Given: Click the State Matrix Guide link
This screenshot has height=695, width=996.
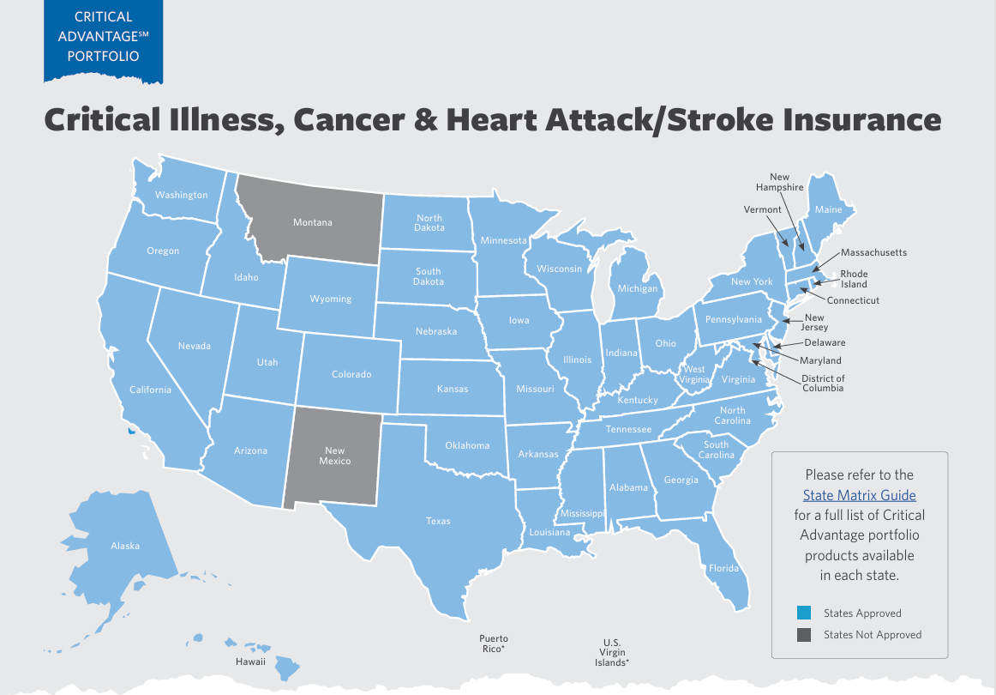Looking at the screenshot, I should tap(859, 495).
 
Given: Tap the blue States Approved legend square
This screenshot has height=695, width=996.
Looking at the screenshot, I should tap(803, 613).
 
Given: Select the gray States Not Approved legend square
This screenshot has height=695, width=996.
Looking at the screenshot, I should tap(803, 635).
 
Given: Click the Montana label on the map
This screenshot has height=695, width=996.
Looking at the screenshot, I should tap(312, 222).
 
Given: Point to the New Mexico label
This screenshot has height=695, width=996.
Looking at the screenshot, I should tap(334, 456).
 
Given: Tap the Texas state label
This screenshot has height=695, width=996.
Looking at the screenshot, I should tap(438, 521).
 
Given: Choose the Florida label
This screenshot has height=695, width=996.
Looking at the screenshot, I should tap(723, 568).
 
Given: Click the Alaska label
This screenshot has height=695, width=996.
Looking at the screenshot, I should tap(125, 546).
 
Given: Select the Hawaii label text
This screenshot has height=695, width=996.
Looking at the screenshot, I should tap(250, 662).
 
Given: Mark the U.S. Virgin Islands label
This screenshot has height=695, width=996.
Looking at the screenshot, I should tap(612, 653).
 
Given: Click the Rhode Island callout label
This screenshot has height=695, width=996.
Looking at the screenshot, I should tap(853, 279).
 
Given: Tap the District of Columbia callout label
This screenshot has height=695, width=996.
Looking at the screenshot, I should tap(823, 384).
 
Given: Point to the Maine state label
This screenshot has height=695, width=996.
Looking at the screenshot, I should tap(828, 209).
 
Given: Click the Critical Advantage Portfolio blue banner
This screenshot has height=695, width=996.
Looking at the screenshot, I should tap(103, 38).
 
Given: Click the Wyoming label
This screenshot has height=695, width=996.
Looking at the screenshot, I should tap(330, 299).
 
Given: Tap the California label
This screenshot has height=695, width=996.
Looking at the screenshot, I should tap(150, 390).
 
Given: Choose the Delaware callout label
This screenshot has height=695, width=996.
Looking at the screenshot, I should tap(825, 342).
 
